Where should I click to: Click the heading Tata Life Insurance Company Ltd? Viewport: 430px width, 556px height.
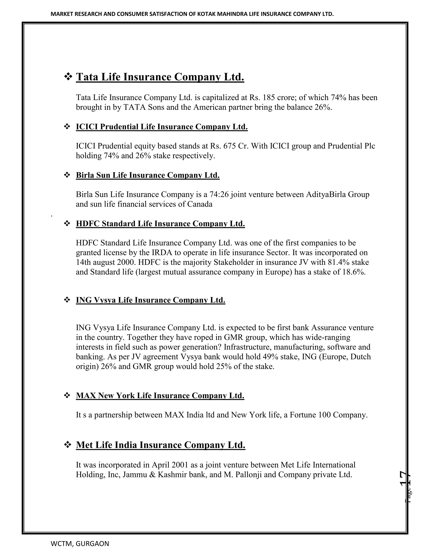[160, 77]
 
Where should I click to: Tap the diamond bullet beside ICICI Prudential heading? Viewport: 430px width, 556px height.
[67, 127]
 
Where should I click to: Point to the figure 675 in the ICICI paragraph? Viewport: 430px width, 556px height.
[229, 146]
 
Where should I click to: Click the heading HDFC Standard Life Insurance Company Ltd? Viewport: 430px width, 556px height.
[160, 223]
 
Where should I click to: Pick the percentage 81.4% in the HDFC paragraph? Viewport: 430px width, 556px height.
[336, 262]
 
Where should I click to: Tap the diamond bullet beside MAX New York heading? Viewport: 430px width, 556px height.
[67, 395]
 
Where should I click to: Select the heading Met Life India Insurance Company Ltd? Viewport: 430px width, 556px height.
[160, 445]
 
